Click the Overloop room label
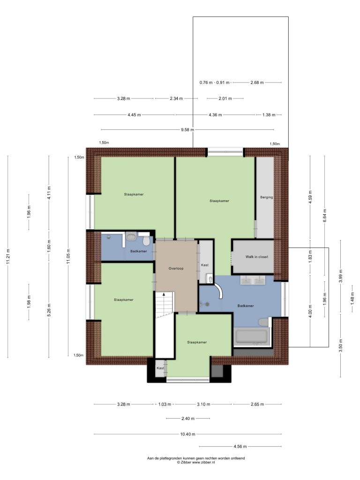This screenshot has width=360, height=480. [176, 269]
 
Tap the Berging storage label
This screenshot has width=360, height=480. [266, 197]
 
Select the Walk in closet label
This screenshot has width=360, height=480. [256, 257]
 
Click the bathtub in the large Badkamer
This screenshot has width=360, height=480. [251, 337]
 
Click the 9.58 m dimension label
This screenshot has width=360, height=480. [187, 129]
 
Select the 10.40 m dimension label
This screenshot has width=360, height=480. [187, 434]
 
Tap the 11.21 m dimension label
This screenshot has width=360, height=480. [8, 256]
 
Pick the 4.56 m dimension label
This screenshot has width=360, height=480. [240, 446]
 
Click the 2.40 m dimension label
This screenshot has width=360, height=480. [188, 419]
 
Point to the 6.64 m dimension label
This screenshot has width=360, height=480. [325, 216]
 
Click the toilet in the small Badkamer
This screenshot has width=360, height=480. [146, 240]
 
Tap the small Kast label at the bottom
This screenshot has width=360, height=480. [160, 368]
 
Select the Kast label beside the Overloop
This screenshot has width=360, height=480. [205, 265]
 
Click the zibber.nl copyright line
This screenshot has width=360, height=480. [196, 462]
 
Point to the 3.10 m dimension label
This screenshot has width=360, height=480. [203, 404]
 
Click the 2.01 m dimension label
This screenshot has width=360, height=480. [225, 98]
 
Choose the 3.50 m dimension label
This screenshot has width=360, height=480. [341, 345]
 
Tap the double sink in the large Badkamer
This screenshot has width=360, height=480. [253, 280]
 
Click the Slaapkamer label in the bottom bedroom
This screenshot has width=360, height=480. [197, 342]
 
